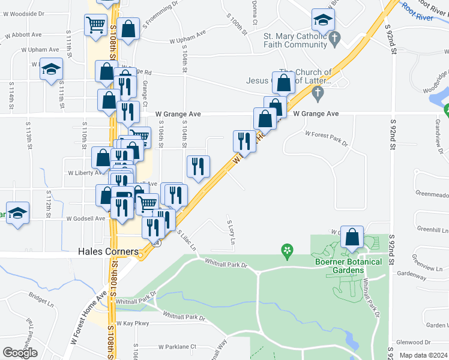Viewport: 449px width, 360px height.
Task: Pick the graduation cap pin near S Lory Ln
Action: [x=323, y=20]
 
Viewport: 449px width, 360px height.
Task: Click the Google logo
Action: [x=20, y=353]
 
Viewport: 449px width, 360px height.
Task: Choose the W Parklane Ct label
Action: [x=177, y=347]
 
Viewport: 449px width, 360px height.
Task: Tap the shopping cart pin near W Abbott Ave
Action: [x=95, y=25]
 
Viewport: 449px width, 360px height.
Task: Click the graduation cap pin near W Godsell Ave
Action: [x=18, y=214]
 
